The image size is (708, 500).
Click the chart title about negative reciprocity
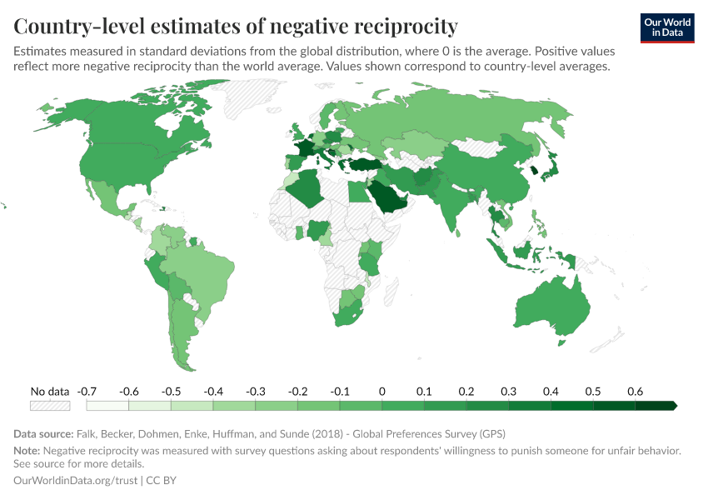point(236,26)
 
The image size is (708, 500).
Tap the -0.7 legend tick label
point(87,391)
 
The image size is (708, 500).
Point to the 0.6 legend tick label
point(636,391)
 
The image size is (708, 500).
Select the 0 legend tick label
point(382,391)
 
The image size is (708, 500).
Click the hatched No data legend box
point(50,406)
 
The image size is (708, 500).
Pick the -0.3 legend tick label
point(256,391)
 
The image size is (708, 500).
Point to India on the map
point(454,204)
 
